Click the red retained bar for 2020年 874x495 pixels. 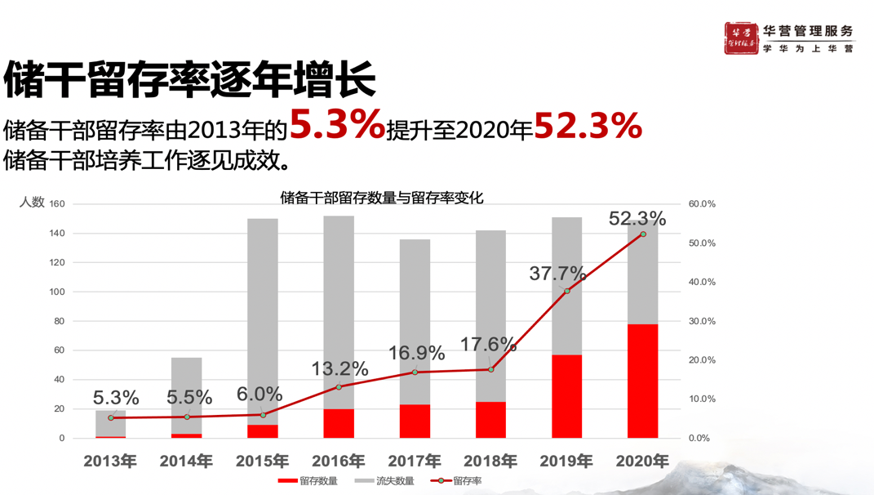(x=642, y=381)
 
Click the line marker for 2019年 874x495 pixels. (x=567, y=291)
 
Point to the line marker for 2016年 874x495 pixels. (x=339, y=386)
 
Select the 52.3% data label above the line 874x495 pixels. (x=637, y=219)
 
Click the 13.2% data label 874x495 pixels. (x=339, y=369)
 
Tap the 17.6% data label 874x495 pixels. (x=488, y=345)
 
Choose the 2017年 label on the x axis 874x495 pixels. (x=415, y=462)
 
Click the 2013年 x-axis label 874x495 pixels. (x=110, y=462)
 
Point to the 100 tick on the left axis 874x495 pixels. (x=57, y=292)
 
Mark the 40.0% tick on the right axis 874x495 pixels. (x=702, y=282)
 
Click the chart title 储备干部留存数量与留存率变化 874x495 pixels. (x=381, y=198)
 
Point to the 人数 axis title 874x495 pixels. (x=32, y=202)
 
